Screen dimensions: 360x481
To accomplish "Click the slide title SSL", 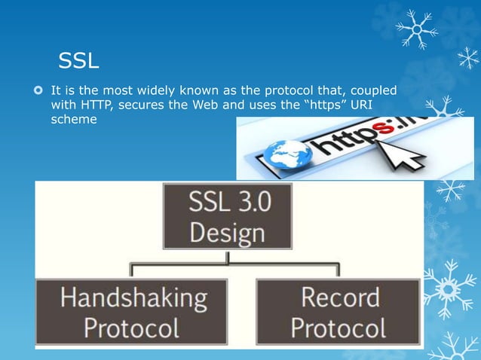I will pos(79,59).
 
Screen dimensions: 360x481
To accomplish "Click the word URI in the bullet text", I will pos(371,105).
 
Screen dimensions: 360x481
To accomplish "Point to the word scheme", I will pos(73,119).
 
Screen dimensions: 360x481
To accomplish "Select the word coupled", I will pos(369,90).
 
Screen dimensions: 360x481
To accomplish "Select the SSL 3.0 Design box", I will pos(227,215).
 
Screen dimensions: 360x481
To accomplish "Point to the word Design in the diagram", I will pos(227,231).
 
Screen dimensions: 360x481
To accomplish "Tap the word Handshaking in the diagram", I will pos(133,298).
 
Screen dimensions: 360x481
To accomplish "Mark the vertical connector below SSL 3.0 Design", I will pos(228,256).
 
